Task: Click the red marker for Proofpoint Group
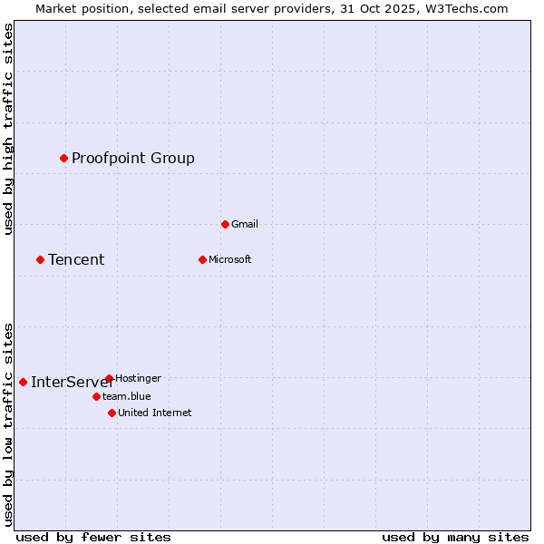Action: click(x=63, y=158)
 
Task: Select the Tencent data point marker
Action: click(x=40, y=259)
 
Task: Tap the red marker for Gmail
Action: click(x=225, y=224)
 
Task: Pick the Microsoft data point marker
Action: click(x=202, y=259)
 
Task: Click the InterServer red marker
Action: click(x=23, y=382)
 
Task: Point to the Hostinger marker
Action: click(x=109, y=378)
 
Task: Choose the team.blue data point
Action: click(x=96, y=396)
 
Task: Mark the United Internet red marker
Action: click(x=112, y=413)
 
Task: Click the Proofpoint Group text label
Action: click(x=133, y=159)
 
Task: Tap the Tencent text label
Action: click(x=76, y=260)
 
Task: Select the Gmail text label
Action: click(x=245, y=224)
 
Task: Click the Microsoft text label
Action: click(x=230, y=259)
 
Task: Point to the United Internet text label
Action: click(x=155, y=413)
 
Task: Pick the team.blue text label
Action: click(x=127, y=396)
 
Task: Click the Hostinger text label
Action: click(x=139, y=378)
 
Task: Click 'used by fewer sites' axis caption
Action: click(x=93, y=537)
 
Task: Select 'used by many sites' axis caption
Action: click(x=455, y=537)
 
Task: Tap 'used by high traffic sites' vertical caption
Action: click(x=8, y=129)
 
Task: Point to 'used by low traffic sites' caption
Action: click(x=8, y=423)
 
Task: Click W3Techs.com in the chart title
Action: click(x=465, y=8)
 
